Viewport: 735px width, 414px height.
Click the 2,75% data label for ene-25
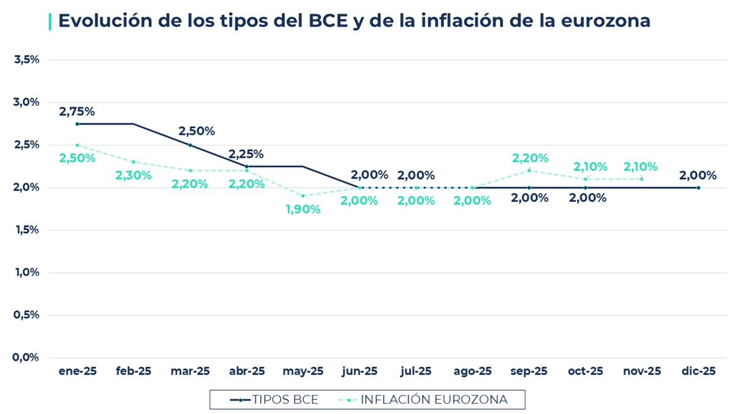pyautogui.click(x=77, y=112)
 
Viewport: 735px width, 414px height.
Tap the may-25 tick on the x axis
pyautogui.click(x=303, y=371)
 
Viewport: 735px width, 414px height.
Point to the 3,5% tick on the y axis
pyautogui.click(x=26, y=59)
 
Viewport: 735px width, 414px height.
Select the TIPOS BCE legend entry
pyautogui.click(x=274, y=400)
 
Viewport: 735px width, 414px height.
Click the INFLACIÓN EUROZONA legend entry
pyautogui.click(x=423, y=400)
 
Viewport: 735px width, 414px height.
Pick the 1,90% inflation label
pyautogui.click(x=303, y=209)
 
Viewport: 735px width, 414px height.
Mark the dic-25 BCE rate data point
pyautogui.click(x=698, y=188)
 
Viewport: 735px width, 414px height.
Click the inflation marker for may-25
pyautogui.click(x=303, y=196)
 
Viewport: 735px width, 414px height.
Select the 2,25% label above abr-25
pyautogui.click(x=246, y=154)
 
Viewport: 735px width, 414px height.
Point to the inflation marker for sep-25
pyautogui.click(x=529, y=171)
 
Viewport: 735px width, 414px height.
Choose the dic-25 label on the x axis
pyautogui.click(x=698, y=371)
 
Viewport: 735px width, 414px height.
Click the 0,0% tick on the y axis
pyautogui.click(x=26, y=357)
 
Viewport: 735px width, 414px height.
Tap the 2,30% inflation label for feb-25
pyautogui.click(x=134, y=175)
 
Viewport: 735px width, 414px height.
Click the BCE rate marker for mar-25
pyautogui.click(x=190, y=145)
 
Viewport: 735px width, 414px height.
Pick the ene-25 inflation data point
pyautogui.click(x=77, y=145)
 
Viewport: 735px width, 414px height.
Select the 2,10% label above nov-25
pyautogui.click(x=641, y=166)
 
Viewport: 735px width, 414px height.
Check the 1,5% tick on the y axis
pyautogui.click(x=26, y=230)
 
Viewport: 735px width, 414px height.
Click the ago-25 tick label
pyautogui.click(x=473, y=371)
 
